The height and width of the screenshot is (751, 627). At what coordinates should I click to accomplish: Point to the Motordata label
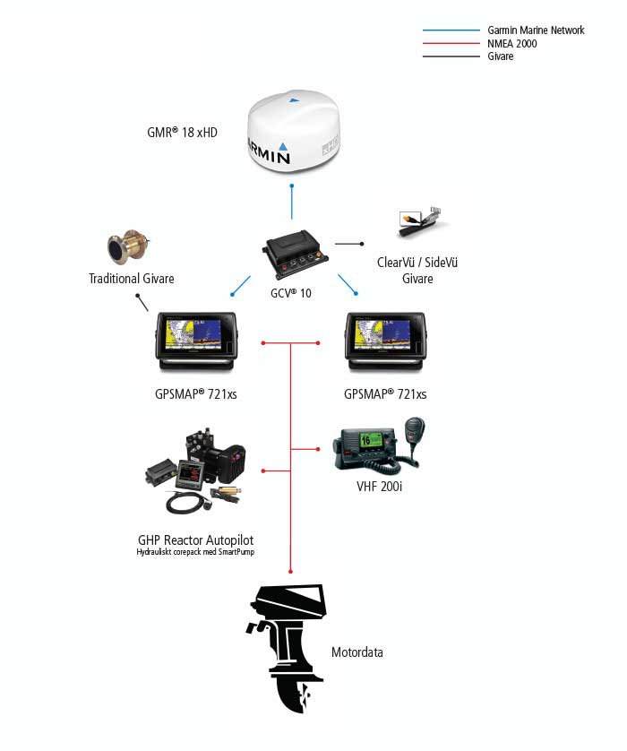click(x=356, y=652)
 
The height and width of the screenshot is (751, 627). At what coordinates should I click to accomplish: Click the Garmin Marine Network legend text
click(x=536, y=30)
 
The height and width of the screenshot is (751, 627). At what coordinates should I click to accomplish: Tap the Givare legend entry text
click(x=501, y=56)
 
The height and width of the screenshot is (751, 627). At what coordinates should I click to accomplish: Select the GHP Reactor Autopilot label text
click(x=195, y=540)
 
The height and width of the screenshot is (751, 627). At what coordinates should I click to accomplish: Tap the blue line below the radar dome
click(x=292, y=203)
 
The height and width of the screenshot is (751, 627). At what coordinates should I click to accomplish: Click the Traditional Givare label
click(x=131, y=279)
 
